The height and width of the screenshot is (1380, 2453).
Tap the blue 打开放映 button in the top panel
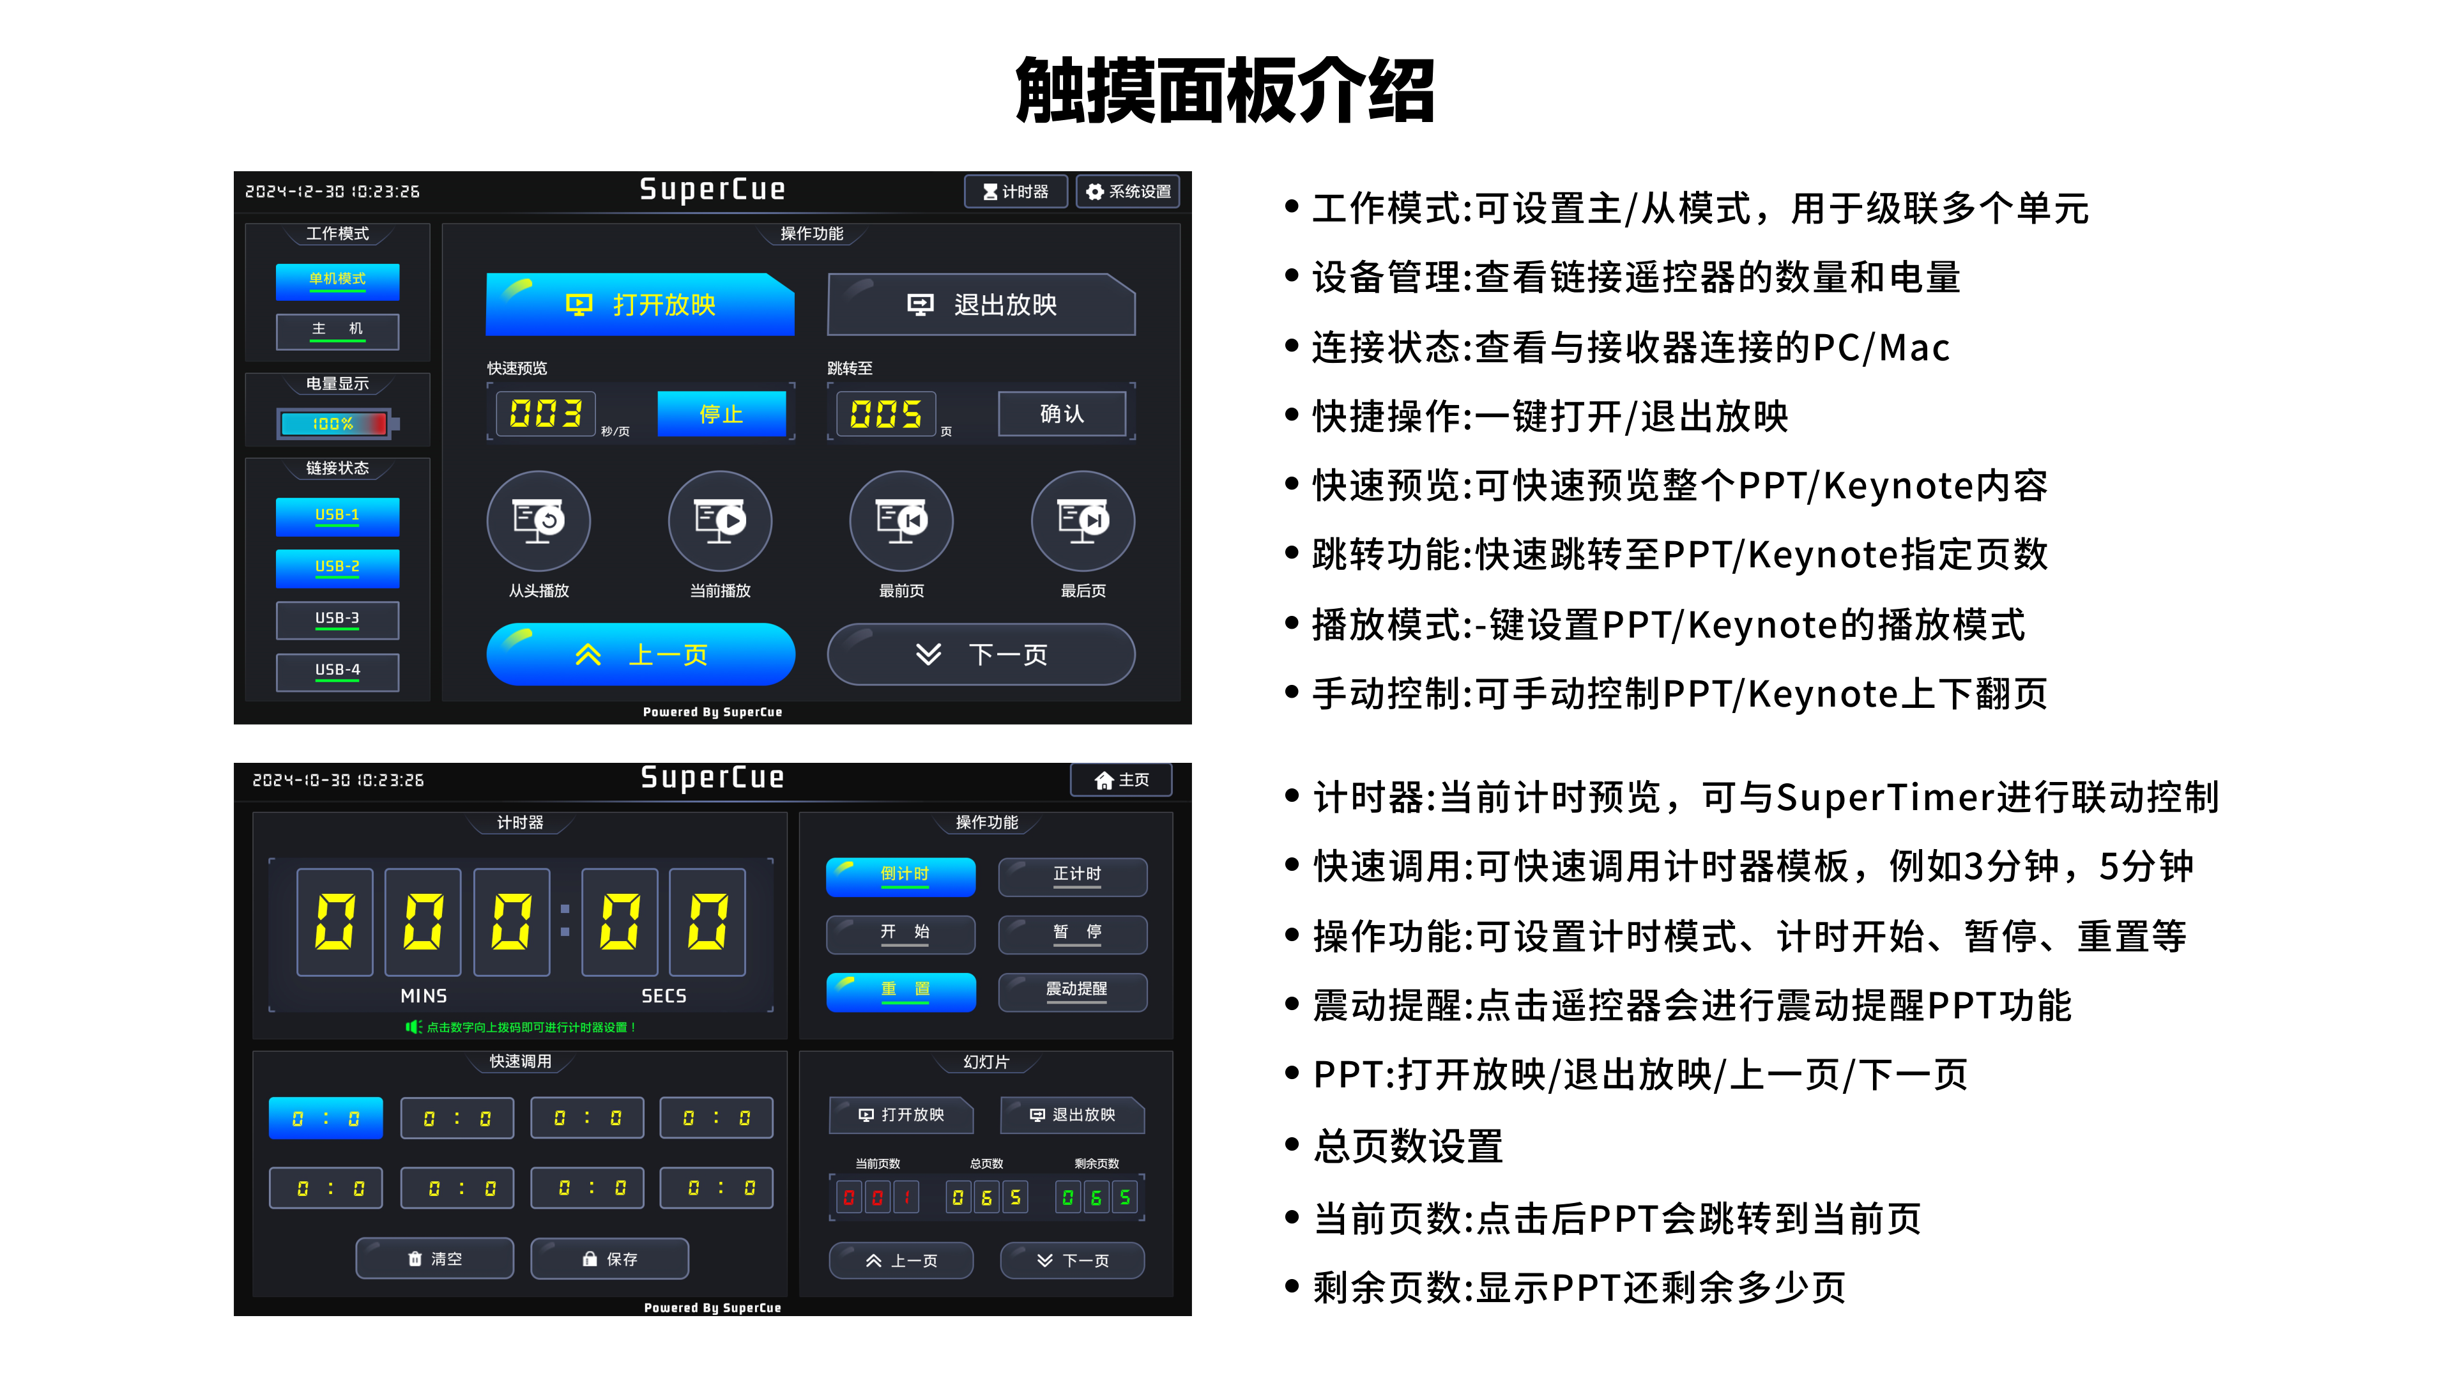(640, 305)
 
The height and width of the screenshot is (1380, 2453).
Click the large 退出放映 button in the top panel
(981, 305)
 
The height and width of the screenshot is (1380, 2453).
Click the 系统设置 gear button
(1128, 192)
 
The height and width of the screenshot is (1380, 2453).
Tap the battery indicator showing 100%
(335, 424)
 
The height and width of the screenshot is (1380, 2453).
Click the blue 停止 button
(721, 414)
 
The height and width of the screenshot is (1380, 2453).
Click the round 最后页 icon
(1083, 521)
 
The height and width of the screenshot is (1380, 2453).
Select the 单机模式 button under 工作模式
(337, 280)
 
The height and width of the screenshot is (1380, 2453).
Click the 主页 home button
(1121, 780)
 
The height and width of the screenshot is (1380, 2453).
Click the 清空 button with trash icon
(434, 1259)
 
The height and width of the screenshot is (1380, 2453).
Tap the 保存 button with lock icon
(609, 1259)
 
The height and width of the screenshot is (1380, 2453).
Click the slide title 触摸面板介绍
(1226, 91)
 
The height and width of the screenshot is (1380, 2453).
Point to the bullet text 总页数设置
(1407, 1147)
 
